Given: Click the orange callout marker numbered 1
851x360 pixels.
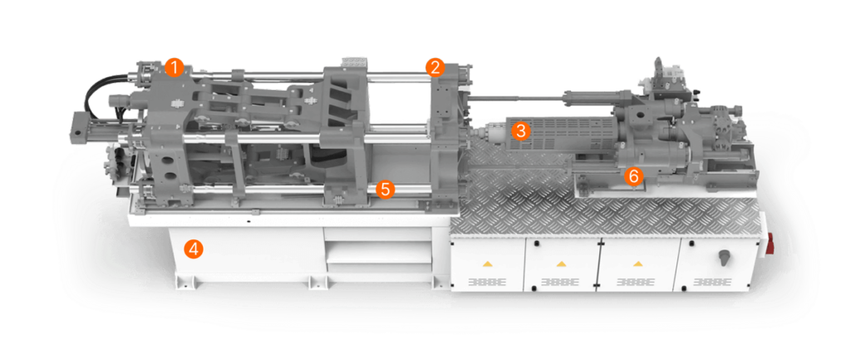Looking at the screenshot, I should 174,67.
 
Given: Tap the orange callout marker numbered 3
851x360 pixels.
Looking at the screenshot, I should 520,131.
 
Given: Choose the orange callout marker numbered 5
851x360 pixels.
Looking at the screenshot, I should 383,189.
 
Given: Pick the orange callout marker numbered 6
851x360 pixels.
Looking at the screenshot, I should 633,175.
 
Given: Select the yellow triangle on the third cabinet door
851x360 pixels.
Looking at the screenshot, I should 637,263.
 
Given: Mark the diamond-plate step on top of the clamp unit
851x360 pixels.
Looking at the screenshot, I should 355,63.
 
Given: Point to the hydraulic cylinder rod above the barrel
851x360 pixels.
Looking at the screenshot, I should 515,101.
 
